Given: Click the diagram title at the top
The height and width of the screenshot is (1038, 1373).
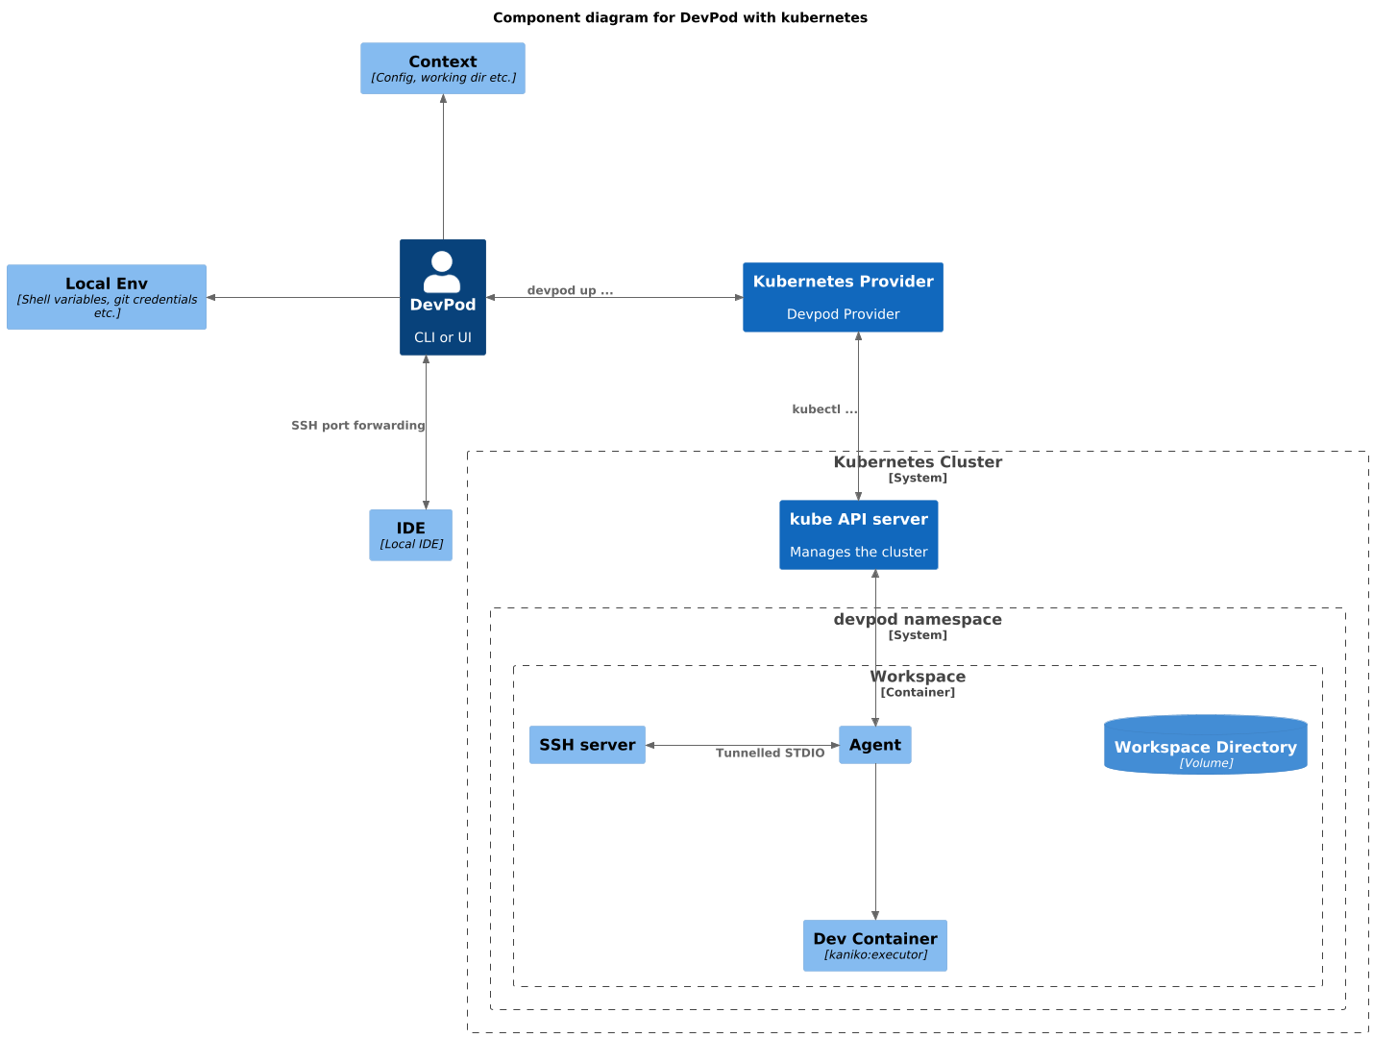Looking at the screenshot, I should pyautogui.click(x=679, y=17).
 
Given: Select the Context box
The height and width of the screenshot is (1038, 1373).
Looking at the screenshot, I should pyautogui.click(x=442, y=68).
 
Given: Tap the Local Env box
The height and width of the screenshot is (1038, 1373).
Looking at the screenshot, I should pyautogui.click(x=107, y=297).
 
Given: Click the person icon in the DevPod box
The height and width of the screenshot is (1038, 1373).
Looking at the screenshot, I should pyautogui.click(x=442, y=271).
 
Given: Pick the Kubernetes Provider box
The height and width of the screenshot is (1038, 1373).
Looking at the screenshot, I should pyautogui.click(x=843, y=297).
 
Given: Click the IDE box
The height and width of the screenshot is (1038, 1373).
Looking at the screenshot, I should pyautogui.click(x=410, y=535).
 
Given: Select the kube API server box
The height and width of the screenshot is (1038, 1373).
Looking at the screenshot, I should pyautogui.click(x=858, y=534).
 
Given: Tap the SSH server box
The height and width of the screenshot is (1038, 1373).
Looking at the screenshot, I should pyautogui.click(x=587, y=745).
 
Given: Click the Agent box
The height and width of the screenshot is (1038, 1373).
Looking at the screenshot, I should pyautogui.click(x=874, y=745).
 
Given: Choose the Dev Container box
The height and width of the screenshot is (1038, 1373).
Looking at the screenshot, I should pyautogui.click(x=874, y=946).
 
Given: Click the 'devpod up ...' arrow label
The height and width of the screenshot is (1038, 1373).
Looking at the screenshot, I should pyautogui.click(x=570, y=290).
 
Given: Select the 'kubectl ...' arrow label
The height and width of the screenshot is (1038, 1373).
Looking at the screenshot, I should pyautogui.click(x=823, y=409).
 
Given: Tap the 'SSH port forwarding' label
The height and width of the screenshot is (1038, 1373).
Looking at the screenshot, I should pyautogui.click(x=357, y=426).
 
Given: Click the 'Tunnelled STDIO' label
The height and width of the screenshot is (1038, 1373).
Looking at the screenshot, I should pyautogui.click(x=770, y=754).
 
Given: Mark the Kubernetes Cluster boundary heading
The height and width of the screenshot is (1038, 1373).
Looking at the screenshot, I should pyautogui.click(x=918, y=462).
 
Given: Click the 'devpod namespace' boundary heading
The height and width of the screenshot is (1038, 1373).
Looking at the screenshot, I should pyautogui.click(x=918, y=620).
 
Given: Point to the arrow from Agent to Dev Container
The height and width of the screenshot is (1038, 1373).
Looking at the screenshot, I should pyautogui.click(x=875, y=841).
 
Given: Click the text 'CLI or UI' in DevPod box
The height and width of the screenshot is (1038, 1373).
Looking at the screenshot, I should pyautogui.click(x=442, y=337).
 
